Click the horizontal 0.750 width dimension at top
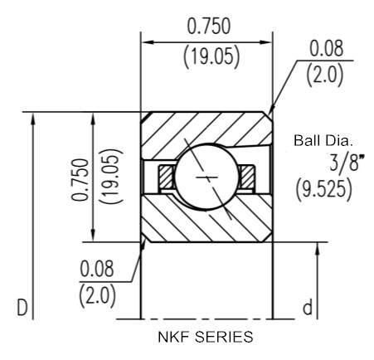pos(209,27)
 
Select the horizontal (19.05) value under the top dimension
pos(211,56)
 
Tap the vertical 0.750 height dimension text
pos(80,179)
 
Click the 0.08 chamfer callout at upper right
pos(326,49)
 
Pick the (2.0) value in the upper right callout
pos(325,75)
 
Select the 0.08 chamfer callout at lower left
pos(97,269)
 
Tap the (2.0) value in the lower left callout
pos(97,295)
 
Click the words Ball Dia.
pos(323,140)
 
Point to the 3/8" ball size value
pos(347,162)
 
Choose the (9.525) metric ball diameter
pos(324,190)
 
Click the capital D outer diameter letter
pos(22,307)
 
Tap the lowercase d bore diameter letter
pos(307,307)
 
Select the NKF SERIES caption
pos(206,337)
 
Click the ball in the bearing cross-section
pos(206,177)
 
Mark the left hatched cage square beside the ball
pos(166,177)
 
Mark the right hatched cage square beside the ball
pos(246,177)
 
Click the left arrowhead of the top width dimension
pos(147,42)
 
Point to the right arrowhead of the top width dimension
pos(267,42)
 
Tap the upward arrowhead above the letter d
pos(318,249)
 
